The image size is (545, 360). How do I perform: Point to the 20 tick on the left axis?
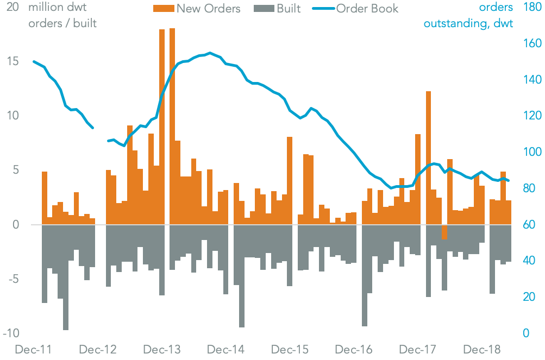pos(12,8)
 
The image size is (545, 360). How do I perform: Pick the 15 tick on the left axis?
pos(12,61)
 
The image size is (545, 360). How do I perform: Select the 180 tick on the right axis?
pos(531,8)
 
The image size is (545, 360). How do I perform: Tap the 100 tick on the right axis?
pos(531,152)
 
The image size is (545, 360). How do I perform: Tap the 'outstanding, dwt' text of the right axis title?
pos(468,24)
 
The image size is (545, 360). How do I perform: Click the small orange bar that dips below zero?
pos(444,232)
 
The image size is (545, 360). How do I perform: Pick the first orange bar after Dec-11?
pos(45,198)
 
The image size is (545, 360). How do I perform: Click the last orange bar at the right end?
pos(509,212)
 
